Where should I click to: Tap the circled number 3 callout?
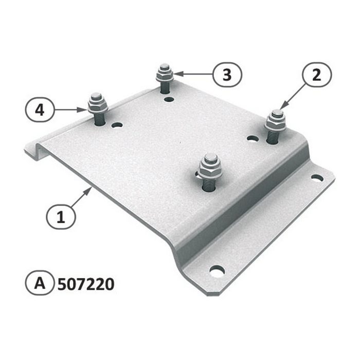tap(226, 75)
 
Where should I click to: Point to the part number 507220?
tap(85, 283)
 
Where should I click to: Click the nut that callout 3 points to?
tap(165, 75)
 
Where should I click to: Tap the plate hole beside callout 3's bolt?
tap(168, 97)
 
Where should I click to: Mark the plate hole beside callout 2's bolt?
tap(252, 138)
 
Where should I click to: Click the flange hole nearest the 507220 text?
tap(217, 270)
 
